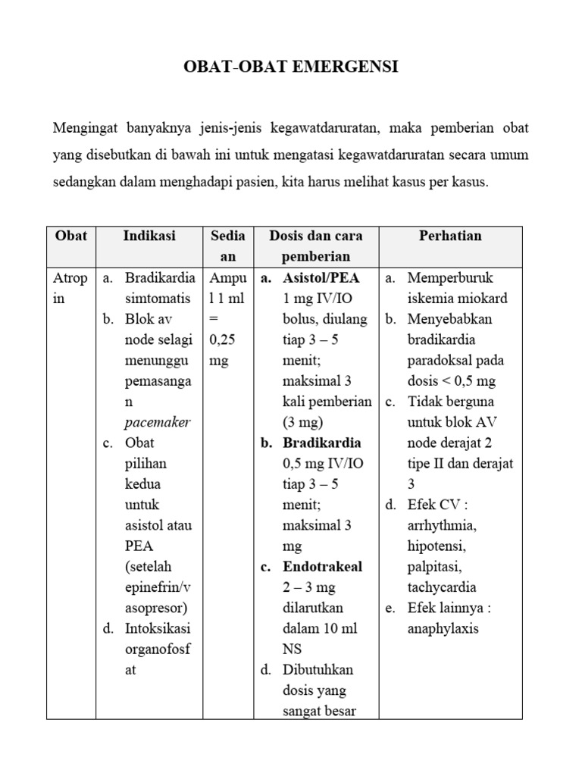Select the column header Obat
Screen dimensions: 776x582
70,236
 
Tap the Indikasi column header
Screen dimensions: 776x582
149,236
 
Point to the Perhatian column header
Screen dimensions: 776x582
450,236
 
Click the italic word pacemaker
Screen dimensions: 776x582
158,422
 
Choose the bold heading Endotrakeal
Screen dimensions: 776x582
322,567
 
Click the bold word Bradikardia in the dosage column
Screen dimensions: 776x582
321,443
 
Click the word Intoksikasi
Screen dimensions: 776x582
158,628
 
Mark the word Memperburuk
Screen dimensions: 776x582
452,278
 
